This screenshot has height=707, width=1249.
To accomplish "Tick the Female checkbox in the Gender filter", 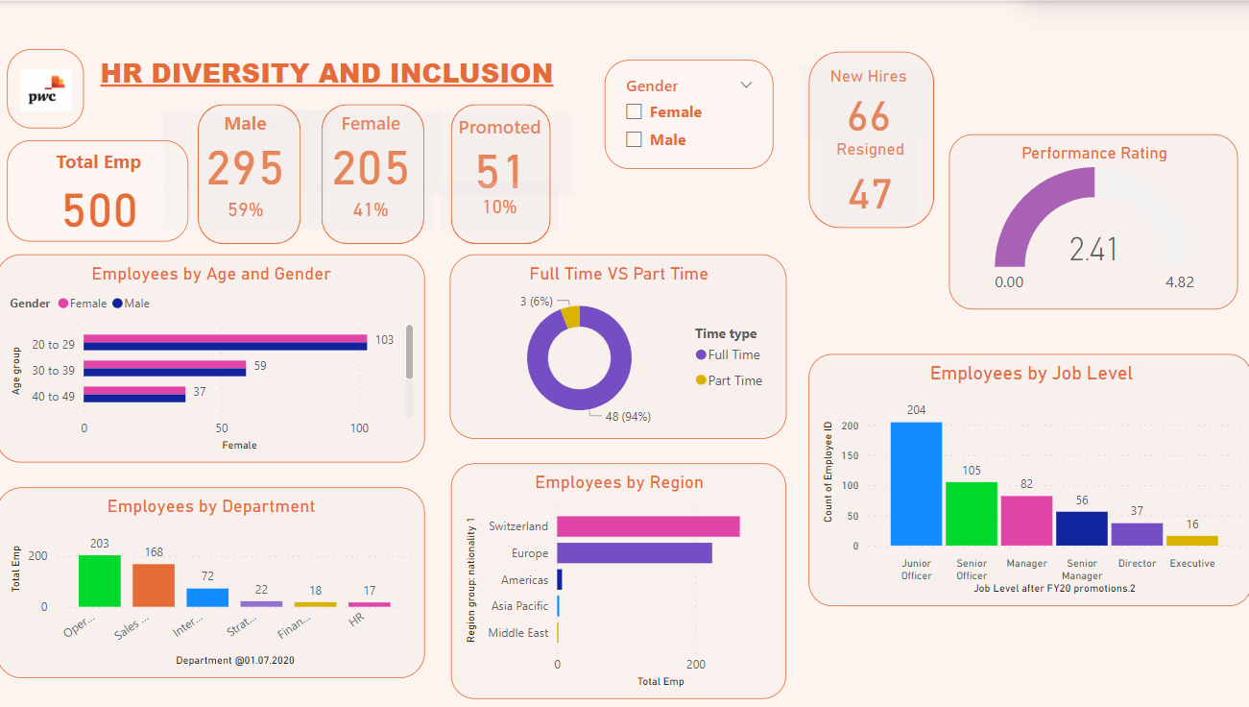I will pos(634,112).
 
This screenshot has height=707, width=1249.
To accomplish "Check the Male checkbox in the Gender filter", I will pos(634,140).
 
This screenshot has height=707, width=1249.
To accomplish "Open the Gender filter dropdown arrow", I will pos(746,85).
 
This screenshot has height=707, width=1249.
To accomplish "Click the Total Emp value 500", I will pos(100,210).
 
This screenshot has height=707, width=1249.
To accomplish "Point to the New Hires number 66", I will pos(869,116).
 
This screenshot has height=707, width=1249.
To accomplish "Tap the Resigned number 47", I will pos(869,194).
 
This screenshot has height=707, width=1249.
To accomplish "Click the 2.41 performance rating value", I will pos(1093,250).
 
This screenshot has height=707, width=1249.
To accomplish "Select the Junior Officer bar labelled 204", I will pos(916,483).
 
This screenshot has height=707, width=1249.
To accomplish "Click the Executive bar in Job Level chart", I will pos(1191,540).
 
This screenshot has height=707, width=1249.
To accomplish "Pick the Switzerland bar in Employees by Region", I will pos(648,526).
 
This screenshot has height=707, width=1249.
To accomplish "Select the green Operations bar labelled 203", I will pos(100,580).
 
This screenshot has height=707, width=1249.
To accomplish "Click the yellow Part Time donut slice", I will pos(571,317).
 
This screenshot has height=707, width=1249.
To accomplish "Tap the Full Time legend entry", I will pos(733,354).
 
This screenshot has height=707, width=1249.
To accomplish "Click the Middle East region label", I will pos(517,633).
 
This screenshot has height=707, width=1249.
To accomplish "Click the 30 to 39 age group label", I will pos(53,371).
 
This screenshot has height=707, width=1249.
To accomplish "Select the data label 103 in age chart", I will pos(385,340).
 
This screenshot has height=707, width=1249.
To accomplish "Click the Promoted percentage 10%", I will pos(499,207).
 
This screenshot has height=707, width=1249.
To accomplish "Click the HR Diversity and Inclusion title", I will pos(326,73).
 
